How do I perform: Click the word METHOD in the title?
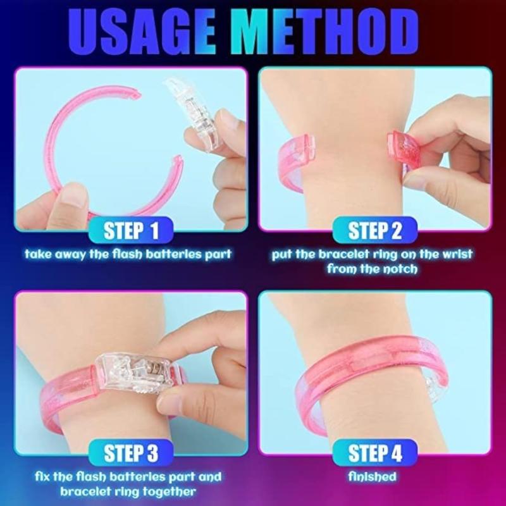pos(324,33)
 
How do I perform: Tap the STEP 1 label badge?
pos(131,230)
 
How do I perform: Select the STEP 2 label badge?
pos(374,230)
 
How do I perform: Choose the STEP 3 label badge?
pos(131,453)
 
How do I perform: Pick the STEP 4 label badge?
pos(374,453)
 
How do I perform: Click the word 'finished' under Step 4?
pos(372,477)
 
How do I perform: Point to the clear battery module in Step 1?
pos(193,113)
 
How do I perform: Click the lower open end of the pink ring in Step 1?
pos(178,160)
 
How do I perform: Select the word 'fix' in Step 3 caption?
pos(42,477)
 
